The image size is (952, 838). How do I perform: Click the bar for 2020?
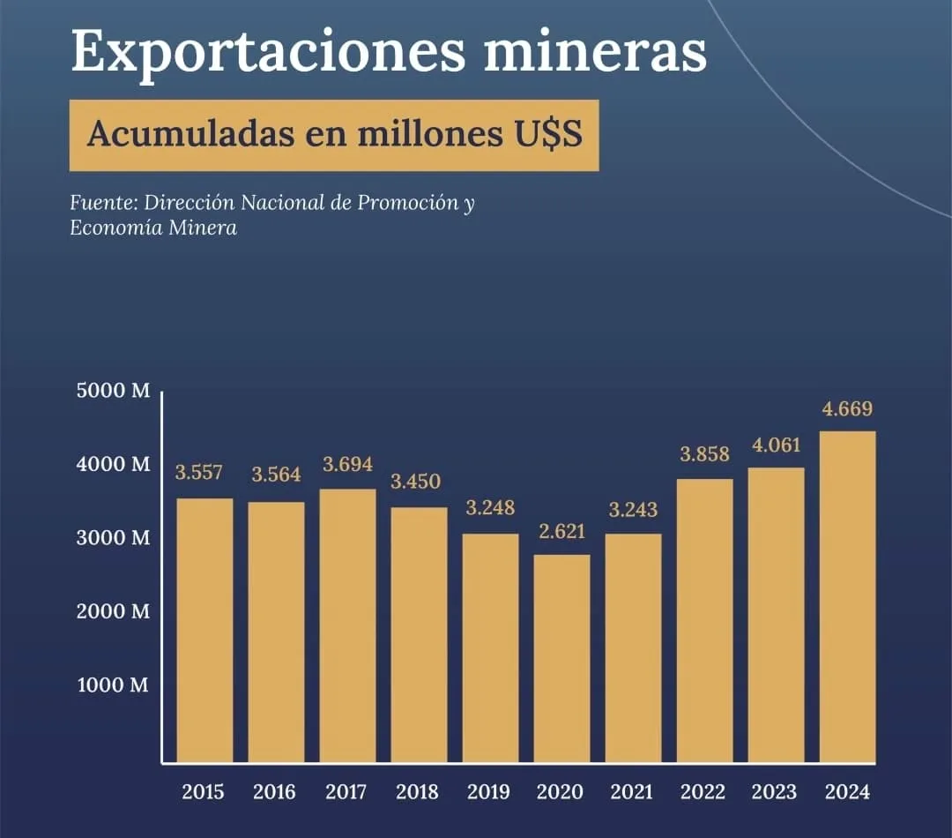click(562, 657)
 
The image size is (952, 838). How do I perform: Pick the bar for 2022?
click(704, 620)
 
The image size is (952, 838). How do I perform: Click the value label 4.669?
click(847, 408)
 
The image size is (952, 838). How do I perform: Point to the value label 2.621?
click(562, 532)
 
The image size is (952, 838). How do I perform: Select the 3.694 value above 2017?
click(347, 464)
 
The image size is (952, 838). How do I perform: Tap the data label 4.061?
click(777, 445)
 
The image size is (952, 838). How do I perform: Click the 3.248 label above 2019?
click(490, 509)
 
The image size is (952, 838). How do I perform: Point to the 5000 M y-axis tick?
click(113, 392)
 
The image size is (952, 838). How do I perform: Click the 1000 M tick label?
click(113, 685)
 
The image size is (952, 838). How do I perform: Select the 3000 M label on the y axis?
click(113, 538)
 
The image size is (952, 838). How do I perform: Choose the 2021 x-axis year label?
click(633, 792)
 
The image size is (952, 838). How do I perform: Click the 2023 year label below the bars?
click(776, 792)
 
